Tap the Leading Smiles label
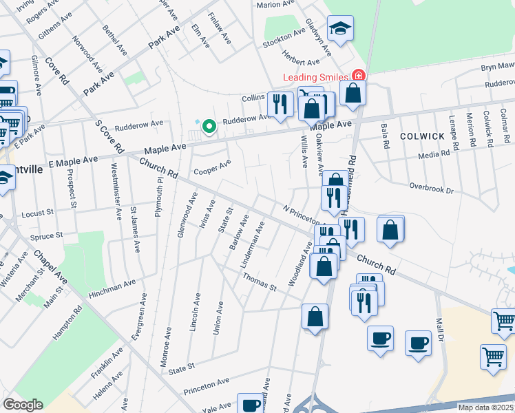coord(315,76)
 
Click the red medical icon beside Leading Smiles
coord(357,75)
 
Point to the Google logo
coord(23,405)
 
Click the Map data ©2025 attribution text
coord(486,407)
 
